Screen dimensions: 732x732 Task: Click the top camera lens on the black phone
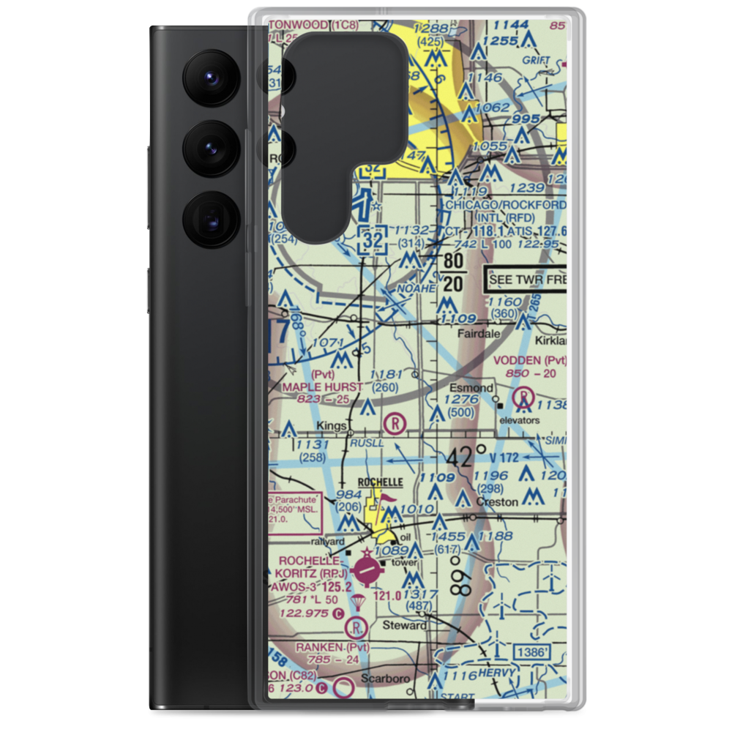click(x=208, y=76)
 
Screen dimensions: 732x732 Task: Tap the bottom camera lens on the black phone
click(x=208, y=218)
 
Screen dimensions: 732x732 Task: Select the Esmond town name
click(x=471, y=387)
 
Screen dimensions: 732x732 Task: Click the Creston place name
click(x=498, y=502)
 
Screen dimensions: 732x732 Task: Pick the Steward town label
click(x=405, y=625)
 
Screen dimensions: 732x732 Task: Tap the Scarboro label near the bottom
click(x=387, y=679)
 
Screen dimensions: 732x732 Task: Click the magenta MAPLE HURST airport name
click(x=322, y=386)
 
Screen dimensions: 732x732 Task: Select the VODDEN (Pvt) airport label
click(x=529, y=360)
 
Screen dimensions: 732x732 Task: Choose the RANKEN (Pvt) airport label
click(x=332, y=647)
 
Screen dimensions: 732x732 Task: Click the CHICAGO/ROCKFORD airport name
click(x=506, y=205)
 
